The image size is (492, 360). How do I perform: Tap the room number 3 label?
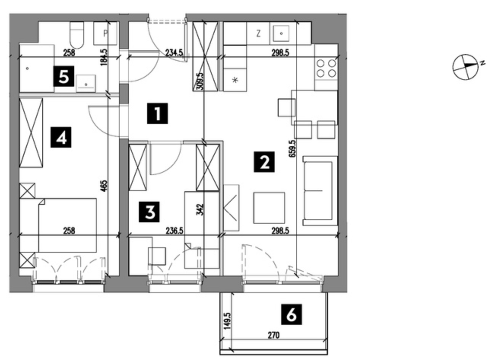pos(149,212)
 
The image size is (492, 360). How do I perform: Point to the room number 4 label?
pos(61,137)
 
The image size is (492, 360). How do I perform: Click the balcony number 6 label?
pos(291,314)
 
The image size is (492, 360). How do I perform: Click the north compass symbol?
pos(465,67)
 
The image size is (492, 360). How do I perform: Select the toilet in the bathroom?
pos(76,34)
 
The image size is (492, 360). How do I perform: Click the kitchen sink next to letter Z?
pos(281,33)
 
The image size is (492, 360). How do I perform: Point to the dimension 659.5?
pos(293,152)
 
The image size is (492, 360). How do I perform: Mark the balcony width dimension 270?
pos(273,335)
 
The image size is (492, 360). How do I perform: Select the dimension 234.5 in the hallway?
pos(174,53)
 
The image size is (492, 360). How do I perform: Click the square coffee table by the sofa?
pos(269,207)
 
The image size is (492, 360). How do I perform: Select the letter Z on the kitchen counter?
pos(258,33)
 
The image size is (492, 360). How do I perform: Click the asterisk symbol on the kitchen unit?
pos(235,80)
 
